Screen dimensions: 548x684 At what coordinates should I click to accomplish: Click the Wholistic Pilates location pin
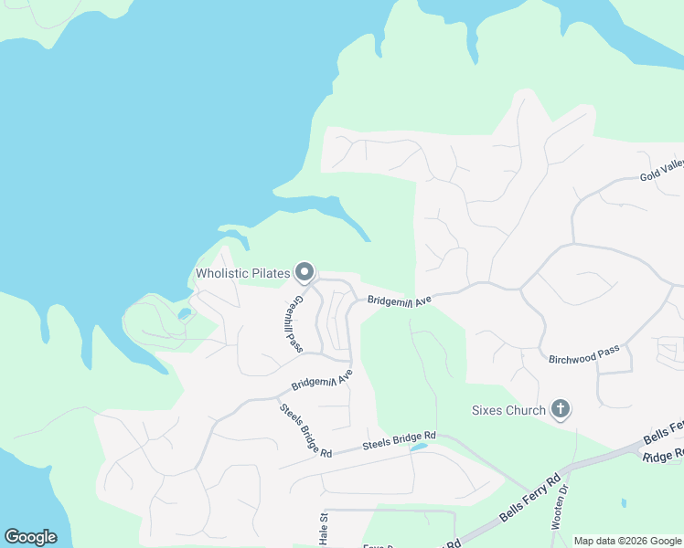click(305, 271)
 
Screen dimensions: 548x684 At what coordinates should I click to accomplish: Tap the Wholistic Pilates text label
click(242, 273)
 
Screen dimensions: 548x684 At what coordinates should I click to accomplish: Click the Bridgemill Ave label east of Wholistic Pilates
click(399, 300)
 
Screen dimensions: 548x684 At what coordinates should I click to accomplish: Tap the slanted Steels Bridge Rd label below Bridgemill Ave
click(305, 430)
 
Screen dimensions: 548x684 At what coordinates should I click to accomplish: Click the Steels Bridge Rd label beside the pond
click(399, 441)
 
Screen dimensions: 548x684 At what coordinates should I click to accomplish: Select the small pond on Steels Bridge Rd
click(418, 448)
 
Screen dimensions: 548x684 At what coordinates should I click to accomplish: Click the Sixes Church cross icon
click(560, 410)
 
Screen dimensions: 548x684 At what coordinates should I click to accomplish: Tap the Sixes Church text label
click(508, 411)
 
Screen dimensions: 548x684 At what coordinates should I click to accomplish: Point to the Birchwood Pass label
click(584, 356)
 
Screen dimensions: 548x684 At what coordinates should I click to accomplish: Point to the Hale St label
click(324, 530)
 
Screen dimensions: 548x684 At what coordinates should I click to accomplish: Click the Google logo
click(30, 536)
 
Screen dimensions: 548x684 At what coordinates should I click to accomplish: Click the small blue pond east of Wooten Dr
click(624, 502)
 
